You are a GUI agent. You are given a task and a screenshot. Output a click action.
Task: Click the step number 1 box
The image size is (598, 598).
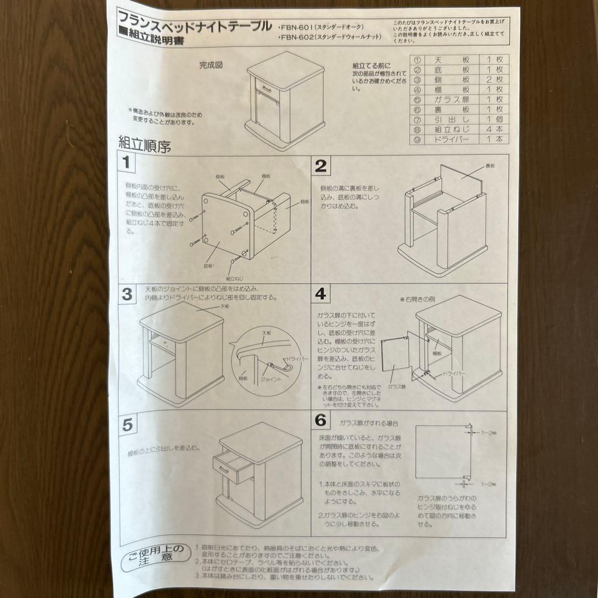127,163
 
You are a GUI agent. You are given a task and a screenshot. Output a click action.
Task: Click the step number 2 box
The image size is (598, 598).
321,166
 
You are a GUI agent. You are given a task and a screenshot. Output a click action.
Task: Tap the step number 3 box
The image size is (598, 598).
127,294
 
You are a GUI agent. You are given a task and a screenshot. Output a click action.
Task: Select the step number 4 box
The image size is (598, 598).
321,293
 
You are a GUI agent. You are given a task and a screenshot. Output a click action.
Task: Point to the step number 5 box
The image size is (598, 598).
127,425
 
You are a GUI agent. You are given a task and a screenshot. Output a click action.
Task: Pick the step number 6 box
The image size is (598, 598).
321,420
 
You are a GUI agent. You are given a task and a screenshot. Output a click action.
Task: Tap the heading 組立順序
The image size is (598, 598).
144,145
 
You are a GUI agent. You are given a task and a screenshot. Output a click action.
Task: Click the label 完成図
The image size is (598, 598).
211,65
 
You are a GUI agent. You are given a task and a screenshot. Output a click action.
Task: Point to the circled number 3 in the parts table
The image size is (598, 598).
417,80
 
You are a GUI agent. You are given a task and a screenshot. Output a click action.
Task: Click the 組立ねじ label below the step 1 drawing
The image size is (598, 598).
235,277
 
